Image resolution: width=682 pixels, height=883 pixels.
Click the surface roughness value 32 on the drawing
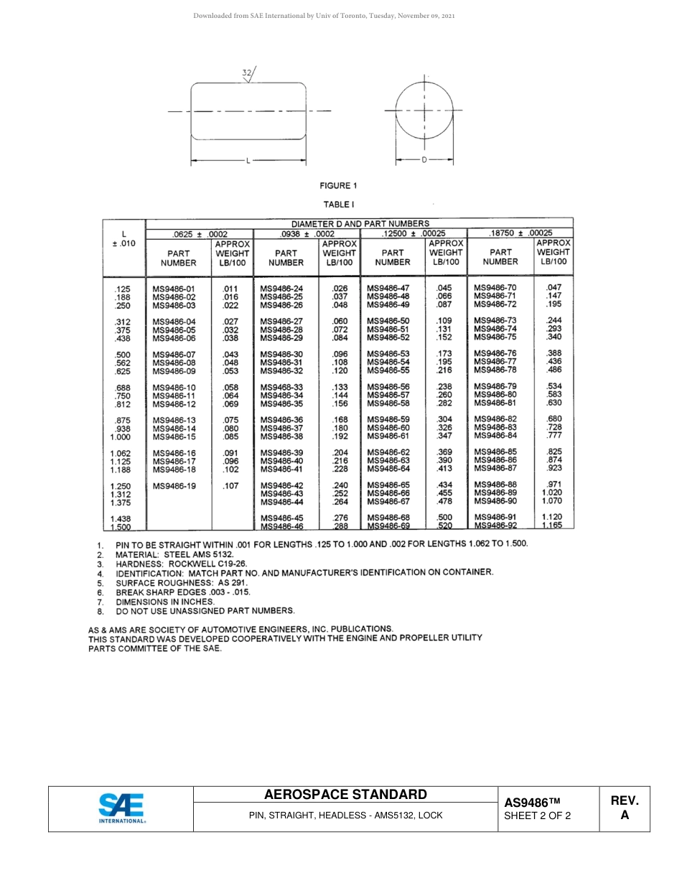coord(246,73)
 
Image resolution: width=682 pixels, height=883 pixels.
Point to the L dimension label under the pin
coord(248,160)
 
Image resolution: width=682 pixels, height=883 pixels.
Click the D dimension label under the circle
coord(424,160)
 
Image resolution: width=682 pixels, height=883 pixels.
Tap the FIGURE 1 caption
coord(338,186)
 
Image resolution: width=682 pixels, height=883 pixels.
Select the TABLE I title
coord(338,205)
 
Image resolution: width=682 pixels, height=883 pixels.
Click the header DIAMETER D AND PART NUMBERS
coord(360,223)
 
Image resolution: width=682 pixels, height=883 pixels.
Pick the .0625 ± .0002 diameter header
coord(200,233)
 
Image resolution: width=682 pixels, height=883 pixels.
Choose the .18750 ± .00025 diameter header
coord(520,233)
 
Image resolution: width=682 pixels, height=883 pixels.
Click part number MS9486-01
coord(174,289)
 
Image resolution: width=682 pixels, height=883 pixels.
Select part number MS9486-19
coord(174,486)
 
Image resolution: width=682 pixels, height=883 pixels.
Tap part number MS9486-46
coord(281,526)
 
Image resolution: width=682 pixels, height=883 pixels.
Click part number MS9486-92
coord(495,525)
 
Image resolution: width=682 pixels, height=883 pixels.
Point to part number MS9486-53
coord(388,354)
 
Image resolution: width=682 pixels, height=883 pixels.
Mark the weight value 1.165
coord(552,525)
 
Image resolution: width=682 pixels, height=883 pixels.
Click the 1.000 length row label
coord(121,436)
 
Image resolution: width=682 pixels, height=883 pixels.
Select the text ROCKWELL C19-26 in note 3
coord(207,564)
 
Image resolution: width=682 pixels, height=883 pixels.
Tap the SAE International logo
coord(121,808)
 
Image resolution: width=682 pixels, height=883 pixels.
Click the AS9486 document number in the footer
coord(531,803)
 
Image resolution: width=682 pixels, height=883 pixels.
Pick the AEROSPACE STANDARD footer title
coord(345,794)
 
